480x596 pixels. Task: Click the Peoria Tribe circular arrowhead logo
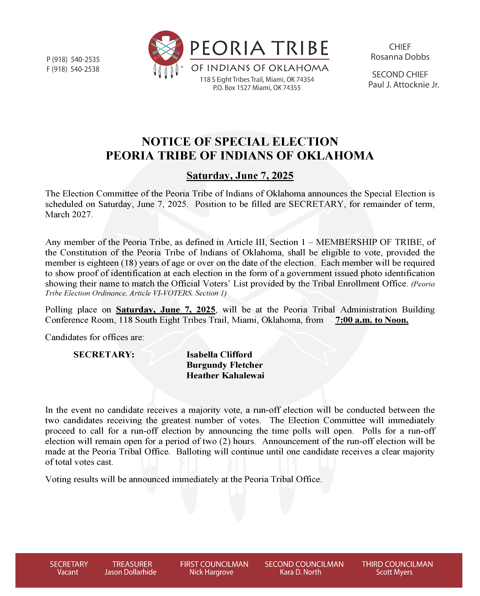coord(166,48)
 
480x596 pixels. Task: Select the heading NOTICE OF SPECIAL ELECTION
coord(240,141)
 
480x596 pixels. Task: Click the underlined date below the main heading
coord(240,176)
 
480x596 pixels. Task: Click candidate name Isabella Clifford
coord(219,354)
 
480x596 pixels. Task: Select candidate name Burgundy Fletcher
coord(224,365)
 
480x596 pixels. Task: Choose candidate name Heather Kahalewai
coord(225,376)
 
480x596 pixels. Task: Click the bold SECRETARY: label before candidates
coord(104,354)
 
